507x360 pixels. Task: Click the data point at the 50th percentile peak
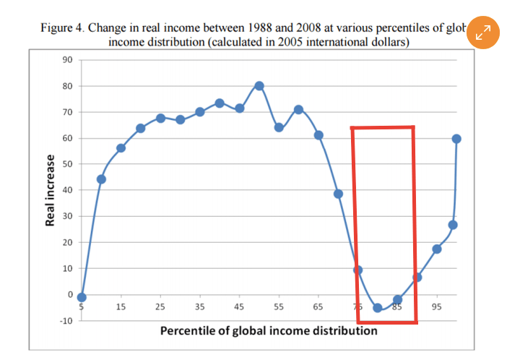click(x=259, y=86)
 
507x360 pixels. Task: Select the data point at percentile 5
click(x=82, y=297)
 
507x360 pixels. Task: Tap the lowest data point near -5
click(x=377, y=307)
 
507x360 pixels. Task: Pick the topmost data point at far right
click(x=456, y=138)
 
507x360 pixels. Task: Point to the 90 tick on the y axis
click(x=67, y=60)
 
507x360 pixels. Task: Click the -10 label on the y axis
click(x=66, y=320)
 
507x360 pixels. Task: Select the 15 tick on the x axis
click(x=121, y=307)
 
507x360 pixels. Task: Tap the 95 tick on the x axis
click(x=436, y=307)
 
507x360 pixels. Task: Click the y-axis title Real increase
click(x=51, y=190)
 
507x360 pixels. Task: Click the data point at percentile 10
click(x=101, y=179)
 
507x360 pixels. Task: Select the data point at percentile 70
click(x=338, y=194)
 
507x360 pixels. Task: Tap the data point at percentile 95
click(x=437, y=249)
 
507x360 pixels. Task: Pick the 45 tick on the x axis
click(x=239, y=307)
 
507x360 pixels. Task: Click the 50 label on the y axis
click(x=67, y=164)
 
